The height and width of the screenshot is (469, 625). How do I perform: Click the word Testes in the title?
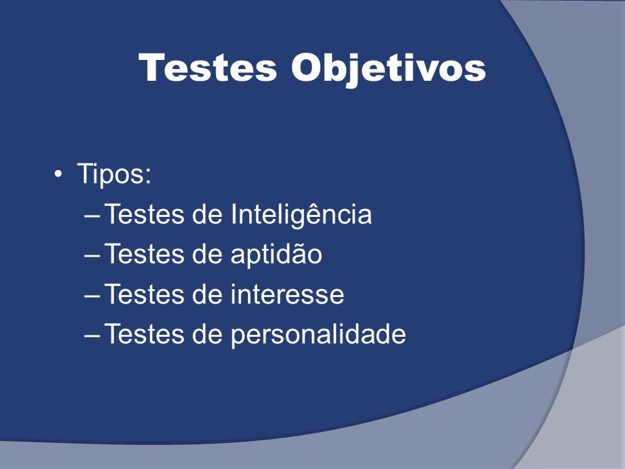point(208,67)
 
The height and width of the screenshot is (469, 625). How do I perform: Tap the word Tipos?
point(111,174)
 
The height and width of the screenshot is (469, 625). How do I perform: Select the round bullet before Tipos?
point(58,175)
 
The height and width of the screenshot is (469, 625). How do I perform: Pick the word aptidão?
point(276,255)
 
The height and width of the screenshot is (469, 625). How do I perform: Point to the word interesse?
point(287,294)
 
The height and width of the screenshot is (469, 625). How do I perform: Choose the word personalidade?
point(318,334)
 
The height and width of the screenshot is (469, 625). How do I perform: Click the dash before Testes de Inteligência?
point(92,216)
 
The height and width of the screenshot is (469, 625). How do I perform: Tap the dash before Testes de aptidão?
point(92,257)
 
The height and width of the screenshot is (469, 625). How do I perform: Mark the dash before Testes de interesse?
point(92,296)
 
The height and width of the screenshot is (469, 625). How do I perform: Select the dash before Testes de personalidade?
point(92,336)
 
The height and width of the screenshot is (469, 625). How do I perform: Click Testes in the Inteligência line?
point(145,214)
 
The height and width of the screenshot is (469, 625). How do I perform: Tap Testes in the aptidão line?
point(145,254)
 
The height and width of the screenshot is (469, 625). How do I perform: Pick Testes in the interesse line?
point(145,294)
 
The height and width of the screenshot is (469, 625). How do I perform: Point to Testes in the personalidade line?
point(145,334)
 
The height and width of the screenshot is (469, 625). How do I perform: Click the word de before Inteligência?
point(207,214)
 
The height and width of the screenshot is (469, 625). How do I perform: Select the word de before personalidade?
point(207,334)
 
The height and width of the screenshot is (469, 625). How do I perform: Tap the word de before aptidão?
point(207,254)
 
